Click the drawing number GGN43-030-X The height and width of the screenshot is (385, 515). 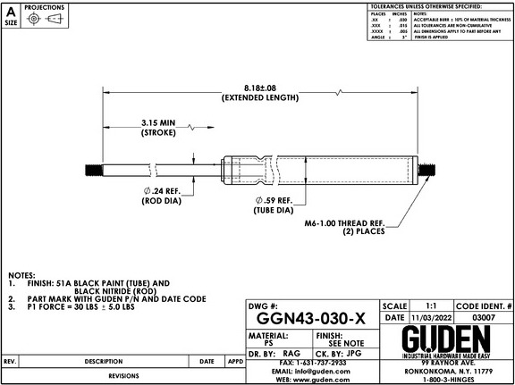coord(309,320)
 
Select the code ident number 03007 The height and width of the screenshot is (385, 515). coord(484,317)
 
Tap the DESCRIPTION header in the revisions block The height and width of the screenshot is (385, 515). coord(104,361)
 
